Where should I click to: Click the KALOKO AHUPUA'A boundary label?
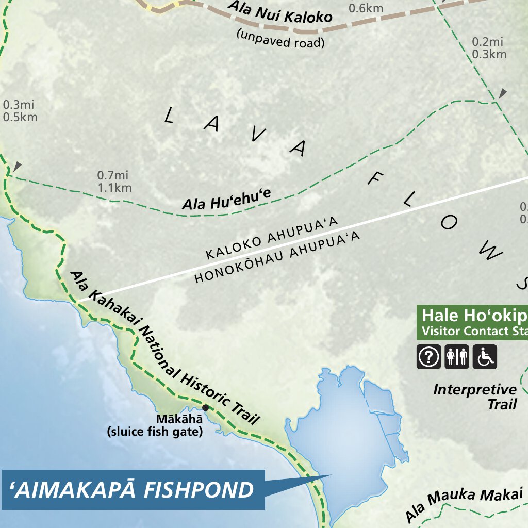click(271, 239)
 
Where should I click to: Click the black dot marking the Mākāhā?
click(205, 408)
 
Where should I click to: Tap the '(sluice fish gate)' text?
click(154, 432)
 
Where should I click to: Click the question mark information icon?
click(429, 356)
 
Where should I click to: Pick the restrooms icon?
click(457, 356)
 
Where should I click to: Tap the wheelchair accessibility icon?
click(485, 356)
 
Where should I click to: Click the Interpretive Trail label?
click(475, 397)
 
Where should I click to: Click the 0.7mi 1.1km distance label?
click(114, 181)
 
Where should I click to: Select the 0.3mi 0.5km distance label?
click(20, 111)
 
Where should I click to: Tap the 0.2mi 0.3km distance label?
click(489, 47)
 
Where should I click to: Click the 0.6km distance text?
click(366, 8)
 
